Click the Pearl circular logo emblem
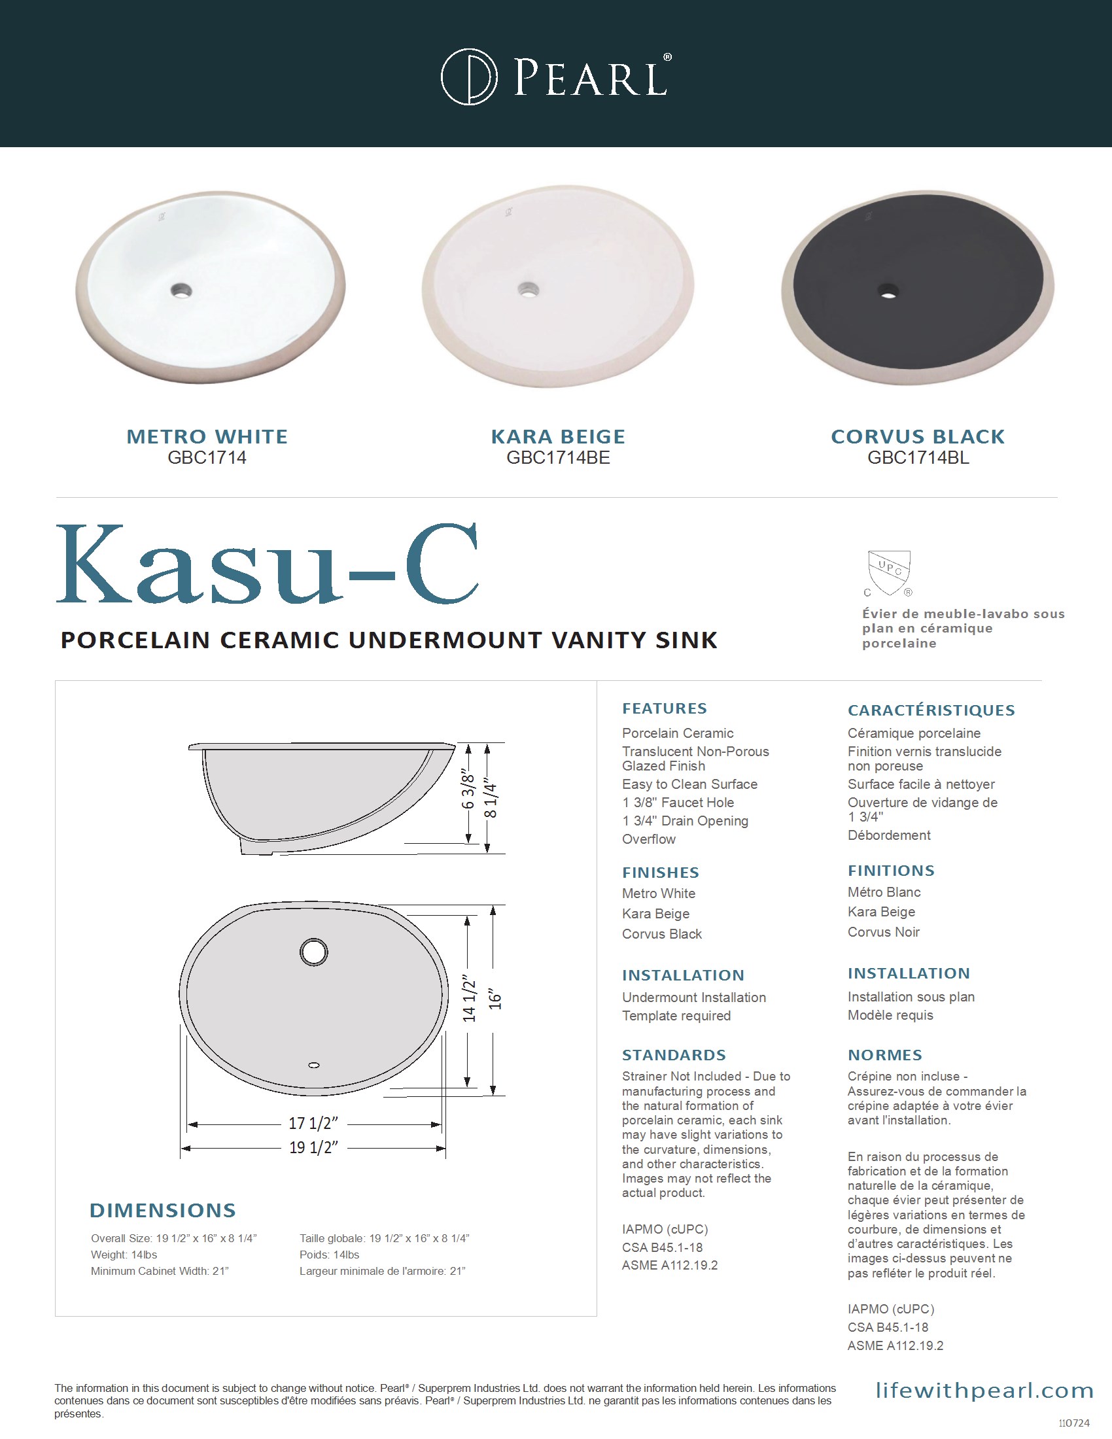pos(469,77)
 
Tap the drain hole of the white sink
pos(181,289)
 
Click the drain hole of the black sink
pos(889,290)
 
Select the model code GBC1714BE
pos(558,458)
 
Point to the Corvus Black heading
pos(918,436)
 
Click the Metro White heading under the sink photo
pos(207,436)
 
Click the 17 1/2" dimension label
pos(313,1122)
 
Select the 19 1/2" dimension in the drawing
pos(313,1147)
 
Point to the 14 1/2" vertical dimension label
pos(468,999)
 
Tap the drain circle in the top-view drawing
pos(313,952)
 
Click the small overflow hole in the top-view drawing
pos(314,1066)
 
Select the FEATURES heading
pos(664,708)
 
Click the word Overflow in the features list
pos(649,839)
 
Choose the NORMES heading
pos(885,1055)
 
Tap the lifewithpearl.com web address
pos(984,1390)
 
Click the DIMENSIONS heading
pos(163,1210)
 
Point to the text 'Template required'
pos(676,1015)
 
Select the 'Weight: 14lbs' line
pos(124,1255)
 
